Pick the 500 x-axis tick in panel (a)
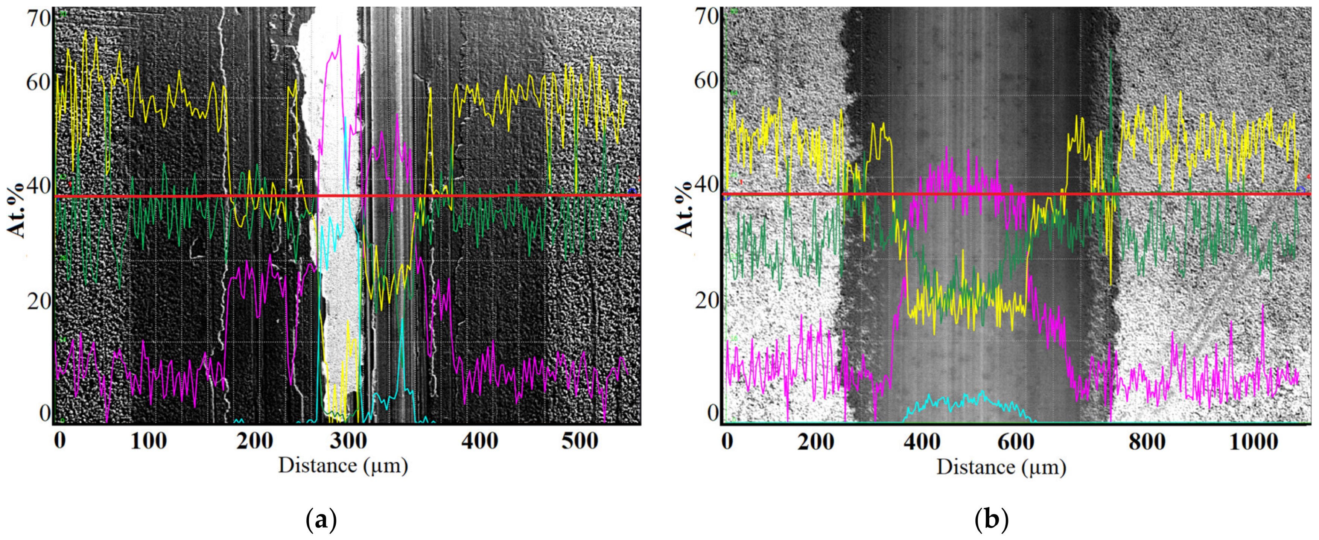tap(580, 441)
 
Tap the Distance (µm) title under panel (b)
tap(1001, 467)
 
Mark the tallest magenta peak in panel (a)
tap(339, 37)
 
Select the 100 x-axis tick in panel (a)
tap(149, 441)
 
